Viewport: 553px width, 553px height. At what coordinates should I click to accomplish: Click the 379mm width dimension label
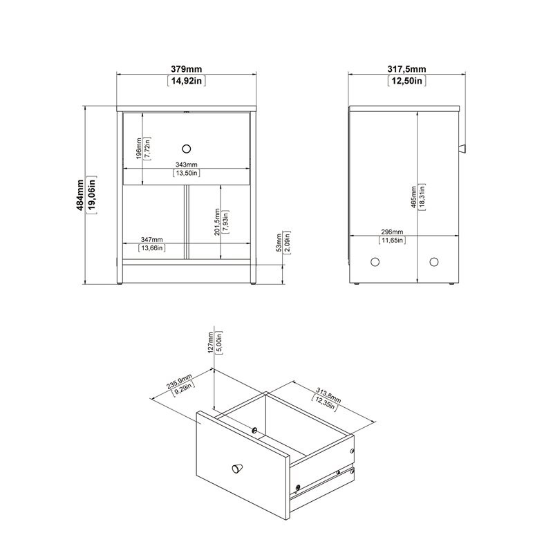(187, 68)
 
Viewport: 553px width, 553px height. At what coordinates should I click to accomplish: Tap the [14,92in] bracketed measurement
(187, 81)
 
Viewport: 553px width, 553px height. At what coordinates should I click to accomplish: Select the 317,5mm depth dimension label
(406, 68)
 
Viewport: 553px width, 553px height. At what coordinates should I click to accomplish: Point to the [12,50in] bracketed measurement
(406, 81)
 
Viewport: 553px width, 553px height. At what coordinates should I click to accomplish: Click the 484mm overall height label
(80, 196)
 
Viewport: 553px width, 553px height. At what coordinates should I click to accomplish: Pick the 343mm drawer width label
(187, 165)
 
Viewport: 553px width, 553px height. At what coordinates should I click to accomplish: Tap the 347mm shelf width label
(152, 238)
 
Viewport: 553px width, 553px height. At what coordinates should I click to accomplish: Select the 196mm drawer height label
(138, 148)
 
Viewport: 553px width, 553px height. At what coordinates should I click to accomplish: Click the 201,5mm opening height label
(218, 223)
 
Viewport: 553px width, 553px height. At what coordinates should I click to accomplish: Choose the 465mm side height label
(413, 197)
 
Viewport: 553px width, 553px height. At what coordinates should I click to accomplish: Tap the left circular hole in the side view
(376, 262)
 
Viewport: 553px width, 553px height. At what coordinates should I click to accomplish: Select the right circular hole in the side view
(434, 262)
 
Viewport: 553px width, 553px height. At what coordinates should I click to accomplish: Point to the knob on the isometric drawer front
(238, 469)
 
